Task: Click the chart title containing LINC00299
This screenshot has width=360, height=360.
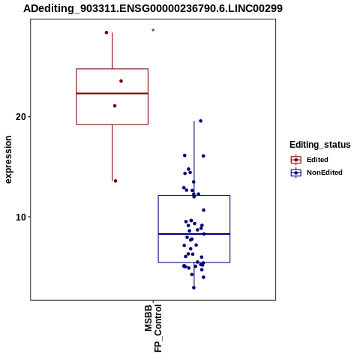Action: (153, 8)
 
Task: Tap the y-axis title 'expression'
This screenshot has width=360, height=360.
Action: (8, 160)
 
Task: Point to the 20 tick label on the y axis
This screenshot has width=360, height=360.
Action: (21, 117)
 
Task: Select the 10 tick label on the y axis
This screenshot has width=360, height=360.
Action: (21, 217)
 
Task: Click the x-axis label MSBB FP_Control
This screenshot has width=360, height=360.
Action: (153, 328)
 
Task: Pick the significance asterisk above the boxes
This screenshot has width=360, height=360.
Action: (153, 31)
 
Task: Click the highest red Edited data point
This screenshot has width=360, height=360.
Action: (106, 32)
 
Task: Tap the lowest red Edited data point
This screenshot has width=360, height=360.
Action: (115, 181)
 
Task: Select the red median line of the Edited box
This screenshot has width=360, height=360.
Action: (112, 93)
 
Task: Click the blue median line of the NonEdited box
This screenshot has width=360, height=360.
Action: (194, 234)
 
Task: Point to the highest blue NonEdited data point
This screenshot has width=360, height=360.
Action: (200, 121)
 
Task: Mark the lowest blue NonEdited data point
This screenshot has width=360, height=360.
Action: (193, 288)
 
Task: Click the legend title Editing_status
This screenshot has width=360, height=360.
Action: (320, 145)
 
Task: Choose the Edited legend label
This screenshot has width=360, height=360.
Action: (317, 160)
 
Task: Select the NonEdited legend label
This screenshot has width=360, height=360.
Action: (325, 172)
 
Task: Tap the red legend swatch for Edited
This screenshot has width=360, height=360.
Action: (296, 160)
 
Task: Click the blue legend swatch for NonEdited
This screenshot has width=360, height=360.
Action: (296, 172)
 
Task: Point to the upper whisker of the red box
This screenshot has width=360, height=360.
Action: (112, 50)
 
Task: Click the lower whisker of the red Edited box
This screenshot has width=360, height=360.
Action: (112, 153)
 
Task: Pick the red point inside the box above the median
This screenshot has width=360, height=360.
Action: (121, 81)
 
